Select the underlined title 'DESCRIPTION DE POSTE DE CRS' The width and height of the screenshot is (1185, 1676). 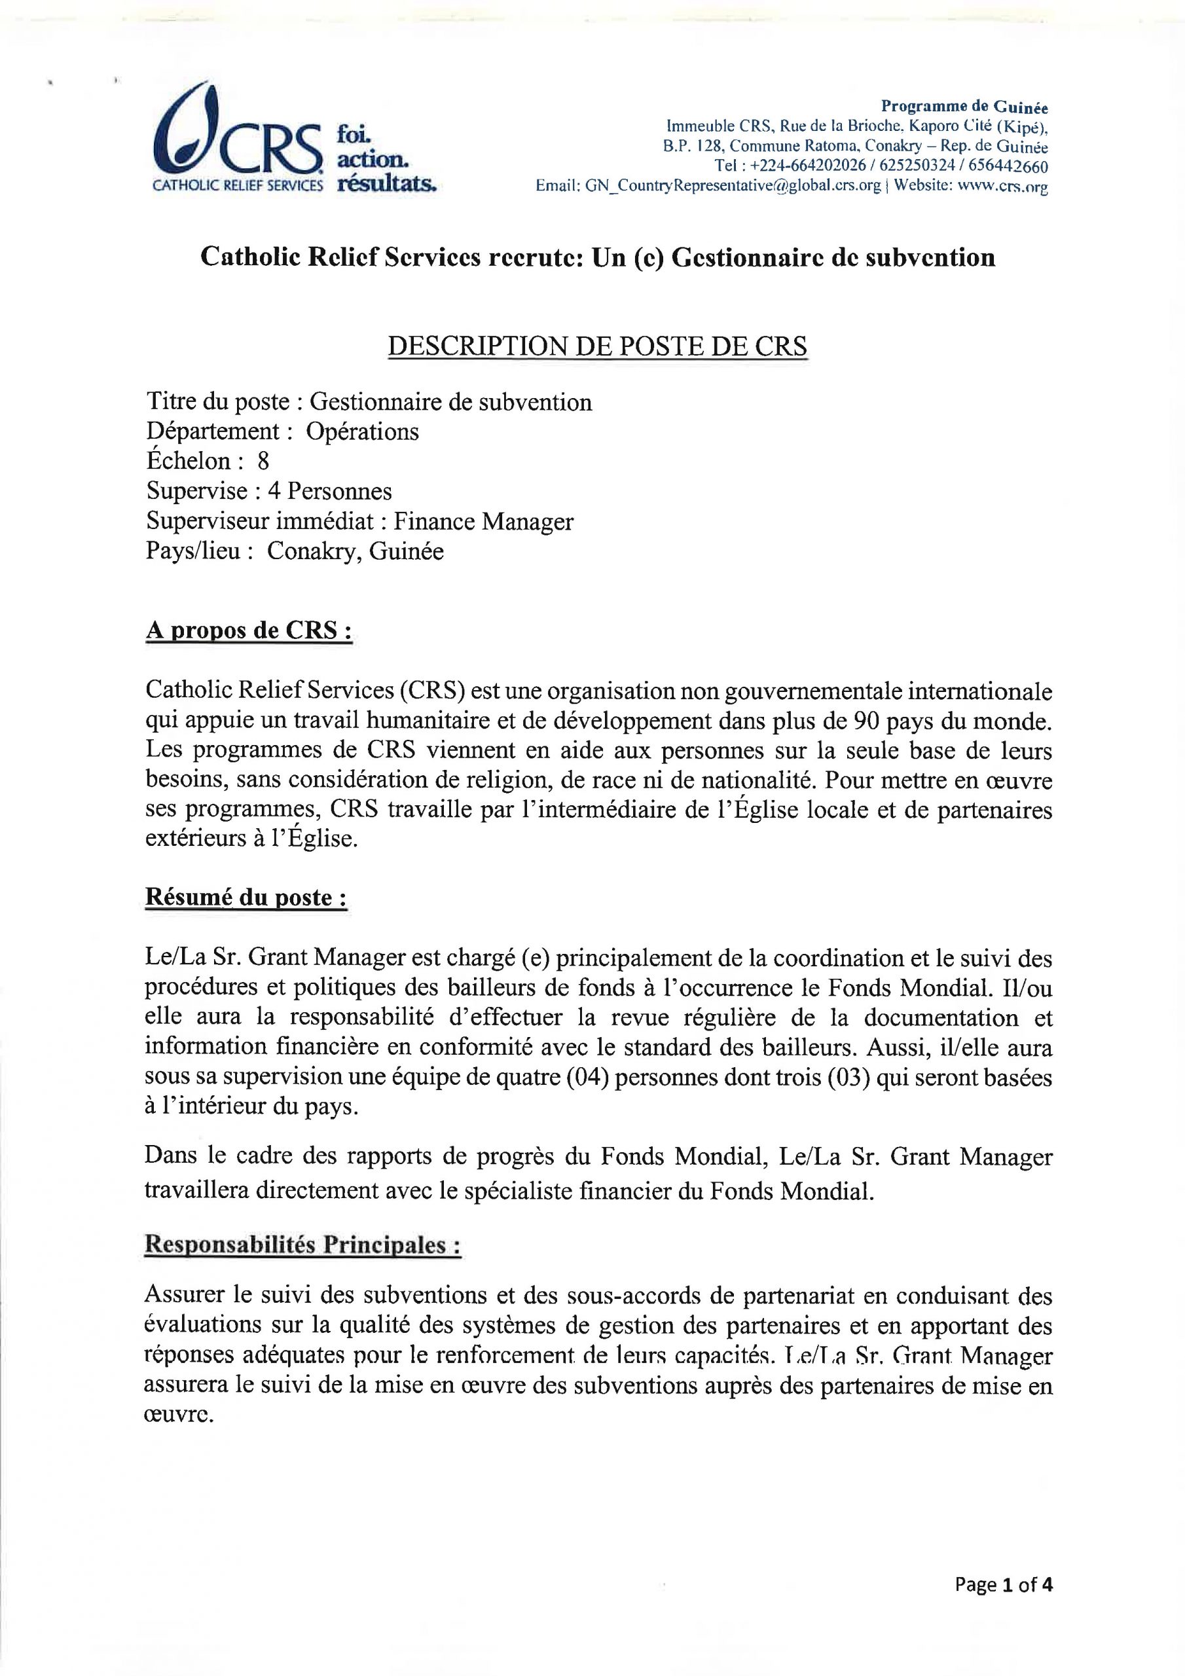point(596,346)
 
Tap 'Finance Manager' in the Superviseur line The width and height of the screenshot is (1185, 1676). point(483,521)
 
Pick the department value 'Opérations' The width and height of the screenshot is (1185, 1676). point(362,431)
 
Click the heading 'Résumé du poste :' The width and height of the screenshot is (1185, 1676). point(246,897)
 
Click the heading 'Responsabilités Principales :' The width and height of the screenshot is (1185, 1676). point(302,1245)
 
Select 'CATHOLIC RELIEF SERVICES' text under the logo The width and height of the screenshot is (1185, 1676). point(236,185)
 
